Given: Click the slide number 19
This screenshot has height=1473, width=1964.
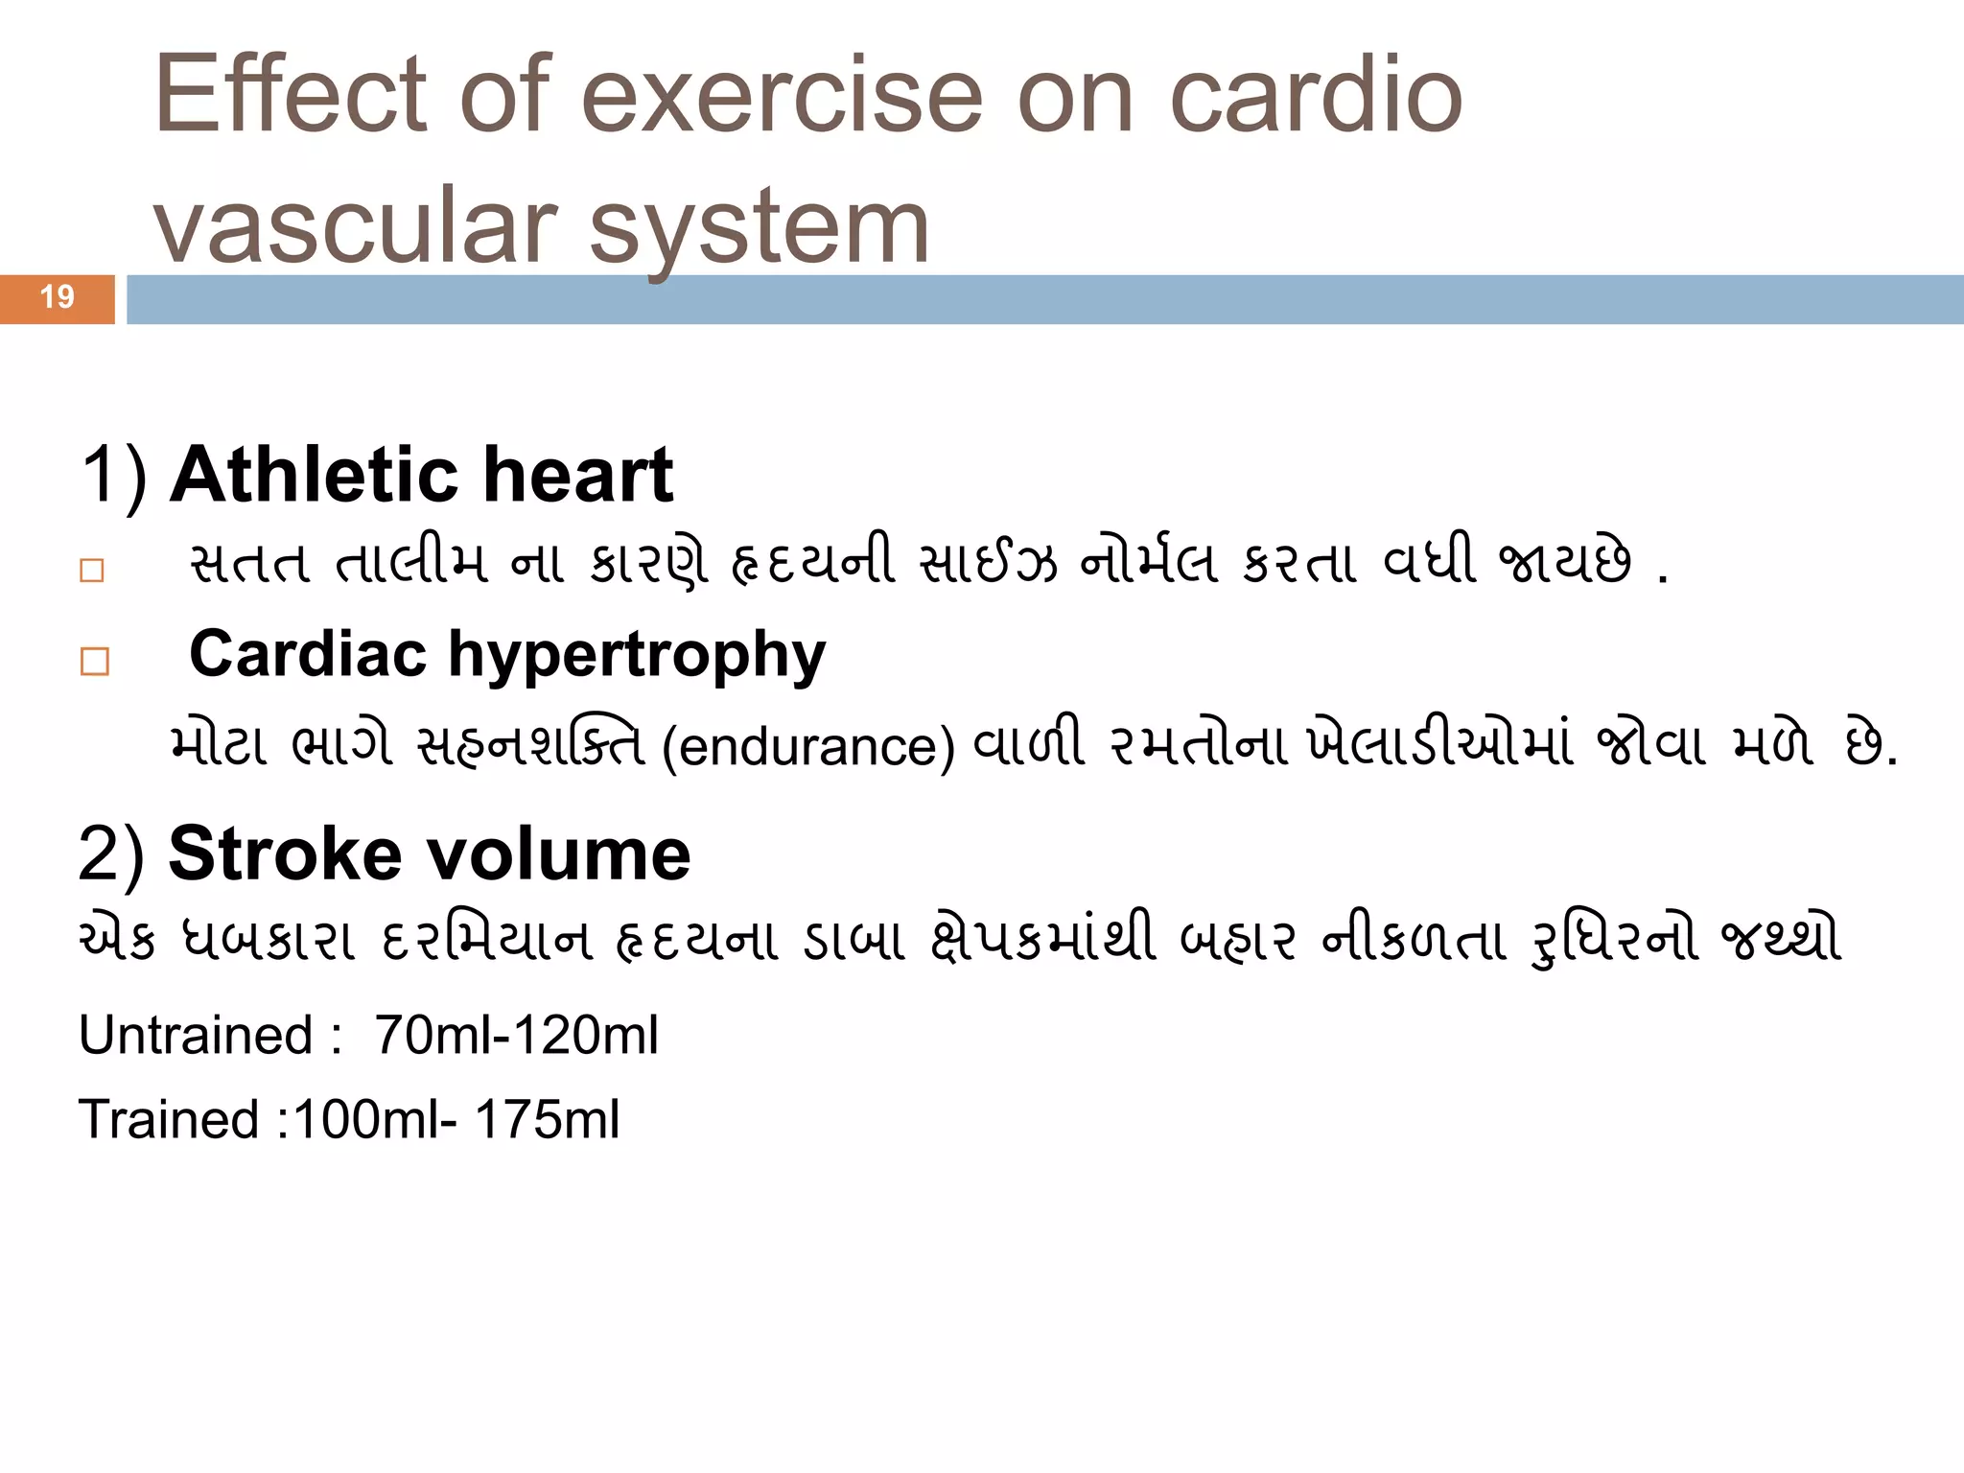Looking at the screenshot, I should pyautogui.click(x=58, y=297).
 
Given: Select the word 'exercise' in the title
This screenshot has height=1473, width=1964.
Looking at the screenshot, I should pyautogui.click(x=782, y=95).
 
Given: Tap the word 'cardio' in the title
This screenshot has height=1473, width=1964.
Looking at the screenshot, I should pyautogui.click(x=1316, y=95).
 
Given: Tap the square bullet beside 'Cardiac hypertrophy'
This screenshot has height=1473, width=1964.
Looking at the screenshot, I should pyautogui.click(x=95, y=662).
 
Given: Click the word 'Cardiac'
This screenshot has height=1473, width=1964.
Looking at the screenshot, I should pyautogui.click(x=308, y=654).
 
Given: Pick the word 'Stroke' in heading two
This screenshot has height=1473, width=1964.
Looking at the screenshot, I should pyautogui.click(x=285, y=853).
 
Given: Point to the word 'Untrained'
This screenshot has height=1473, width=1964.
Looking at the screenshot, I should pyautogui.click(x=196, y=1036).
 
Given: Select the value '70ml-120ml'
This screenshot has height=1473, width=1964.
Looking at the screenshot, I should pyautogui.click(x=516, y=1036).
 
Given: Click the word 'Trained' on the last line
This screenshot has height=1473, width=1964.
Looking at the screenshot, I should pyautogui.click(x=169, y=1119).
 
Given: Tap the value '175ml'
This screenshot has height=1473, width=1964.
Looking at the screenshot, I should pyautogui.click(x=547, y=1119).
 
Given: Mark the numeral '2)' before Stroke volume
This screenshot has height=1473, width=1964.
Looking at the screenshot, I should pyautogui.click(x=111, y=853).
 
